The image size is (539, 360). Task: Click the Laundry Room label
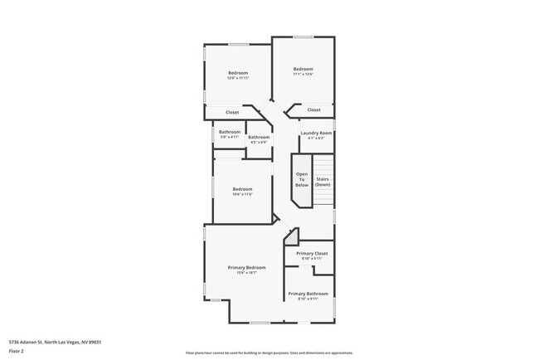point(316,133)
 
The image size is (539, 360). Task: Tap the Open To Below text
point(302,179)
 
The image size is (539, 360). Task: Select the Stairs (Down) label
point(323,182)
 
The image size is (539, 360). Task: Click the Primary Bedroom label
point(247,268)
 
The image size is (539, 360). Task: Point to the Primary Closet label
point(312,253)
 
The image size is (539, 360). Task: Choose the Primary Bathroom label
point(308,294)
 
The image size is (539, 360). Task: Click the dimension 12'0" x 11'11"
point(238,78)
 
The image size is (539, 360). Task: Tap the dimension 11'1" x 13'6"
point(303,74)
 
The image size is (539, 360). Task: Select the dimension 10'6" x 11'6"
point(242,195)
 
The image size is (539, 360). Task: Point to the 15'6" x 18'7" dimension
point(247,273)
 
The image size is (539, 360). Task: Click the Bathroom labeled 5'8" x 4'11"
point(230,132)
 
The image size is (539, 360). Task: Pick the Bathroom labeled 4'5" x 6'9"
point(259,137)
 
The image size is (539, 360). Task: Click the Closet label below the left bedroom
point(232,112)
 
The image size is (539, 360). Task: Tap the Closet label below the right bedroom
point(313,109)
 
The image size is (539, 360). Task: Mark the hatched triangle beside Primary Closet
point(291,238)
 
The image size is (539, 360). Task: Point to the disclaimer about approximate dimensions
point(269,353)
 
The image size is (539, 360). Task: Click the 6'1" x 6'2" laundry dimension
point(316,138)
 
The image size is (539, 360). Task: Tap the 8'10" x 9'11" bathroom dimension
point(308,299)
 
